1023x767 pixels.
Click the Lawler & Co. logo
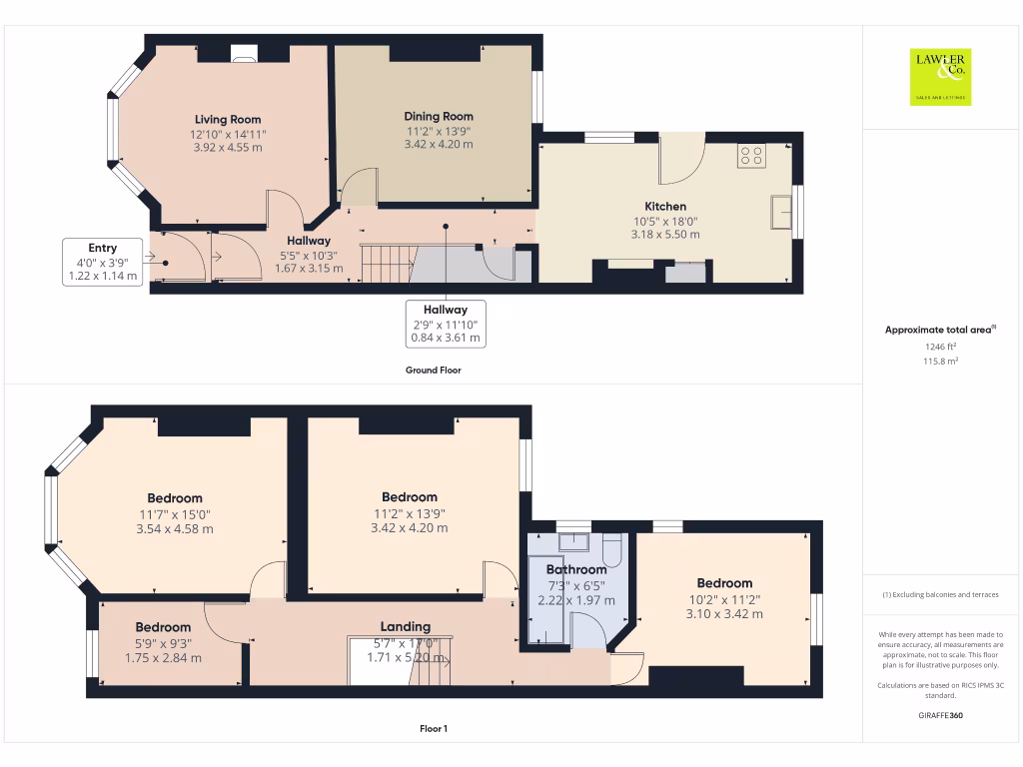point(939,77)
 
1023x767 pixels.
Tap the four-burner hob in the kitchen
point(750,155)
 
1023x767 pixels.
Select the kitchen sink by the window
point(780,211)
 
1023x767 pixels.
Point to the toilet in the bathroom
point(612,549)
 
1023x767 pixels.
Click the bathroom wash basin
point(573,542)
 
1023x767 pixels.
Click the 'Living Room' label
point(228,119)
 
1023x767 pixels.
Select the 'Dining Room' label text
point(438,116)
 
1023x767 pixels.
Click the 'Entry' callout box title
point(102,248)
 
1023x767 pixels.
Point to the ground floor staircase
point(386,264)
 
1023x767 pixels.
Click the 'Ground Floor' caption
point(433,370)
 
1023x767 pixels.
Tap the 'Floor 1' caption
point(433,729)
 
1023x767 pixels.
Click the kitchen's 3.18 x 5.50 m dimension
point(664,235)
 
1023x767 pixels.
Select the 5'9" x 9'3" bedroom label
point(163,643)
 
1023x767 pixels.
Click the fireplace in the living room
point(243,55)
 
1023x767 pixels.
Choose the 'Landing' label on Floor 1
point(405,626)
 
